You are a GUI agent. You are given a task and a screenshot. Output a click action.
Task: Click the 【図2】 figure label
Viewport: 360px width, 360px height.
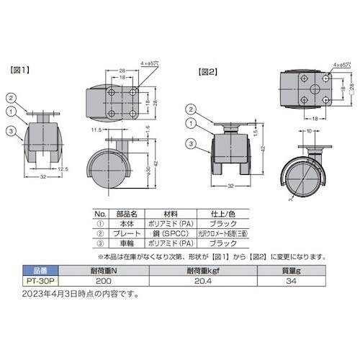[207, 71]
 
